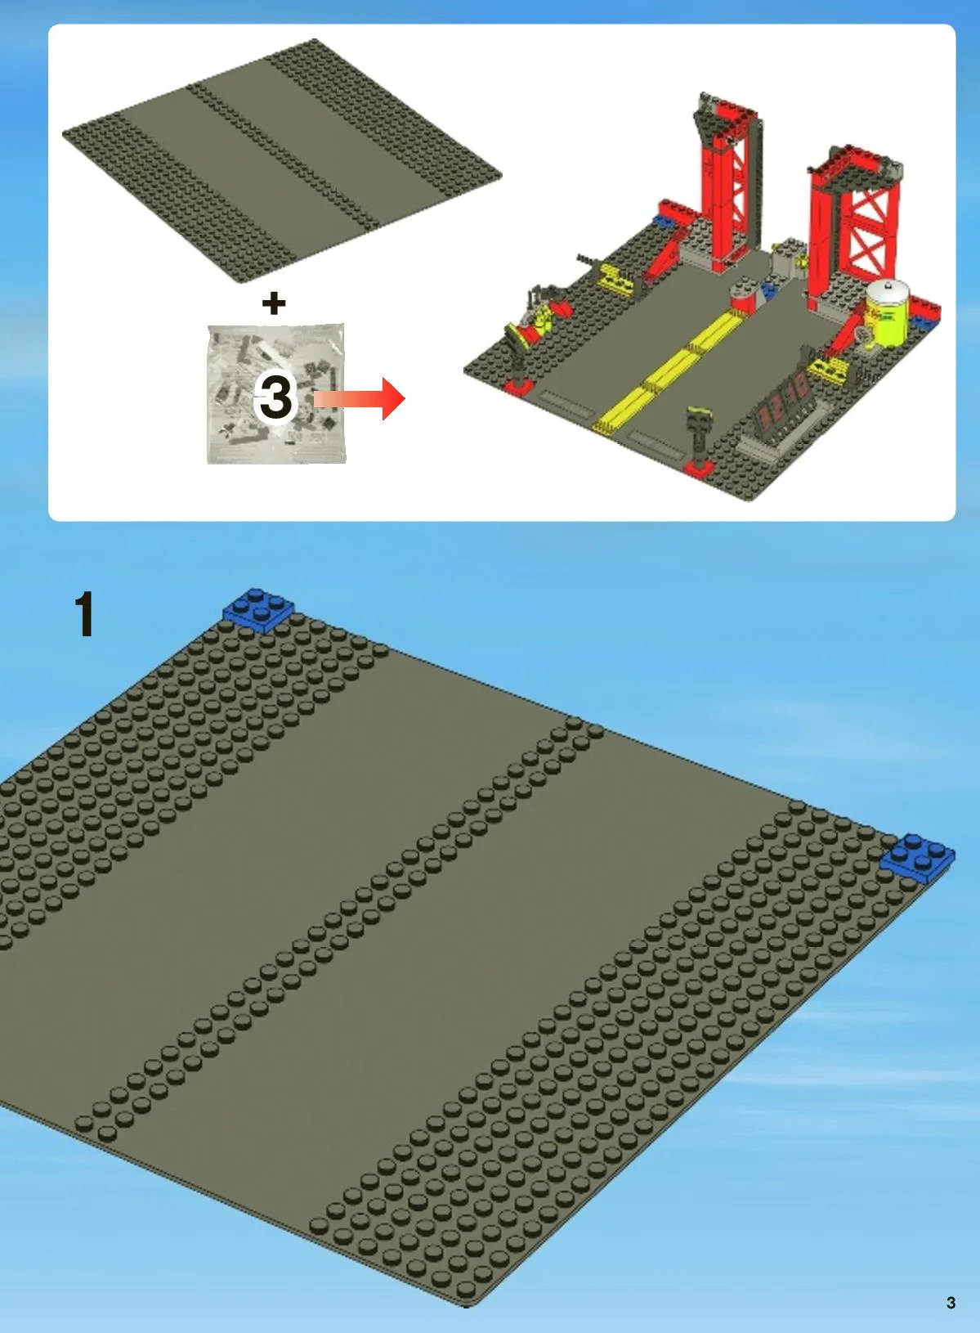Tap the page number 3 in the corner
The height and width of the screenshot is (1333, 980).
(951, 1303)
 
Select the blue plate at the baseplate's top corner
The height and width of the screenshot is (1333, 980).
(258, 608)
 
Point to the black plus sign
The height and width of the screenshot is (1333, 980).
(274, 303)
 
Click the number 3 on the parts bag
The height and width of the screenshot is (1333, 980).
(275, 397)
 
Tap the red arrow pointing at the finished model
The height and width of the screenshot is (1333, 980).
(359, 398)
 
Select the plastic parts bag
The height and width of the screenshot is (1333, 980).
(276, 393)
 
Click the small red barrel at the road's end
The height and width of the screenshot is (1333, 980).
(744, 296)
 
